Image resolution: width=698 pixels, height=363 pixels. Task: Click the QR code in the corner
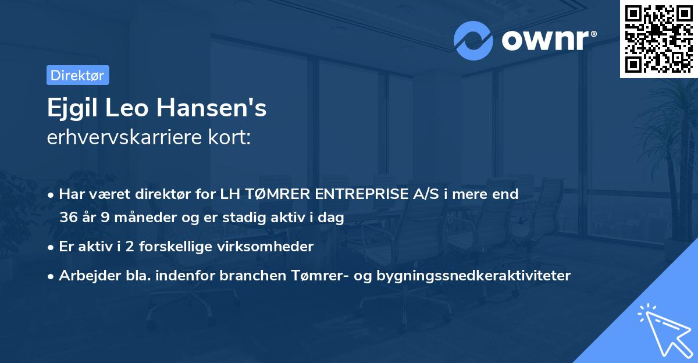coord(658,38)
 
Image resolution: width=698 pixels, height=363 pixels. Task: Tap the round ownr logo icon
coord(473,41)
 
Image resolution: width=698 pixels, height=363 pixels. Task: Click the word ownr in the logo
coord(547,41)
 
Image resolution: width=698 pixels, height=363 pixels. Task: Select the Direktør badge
coord(77,75)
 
